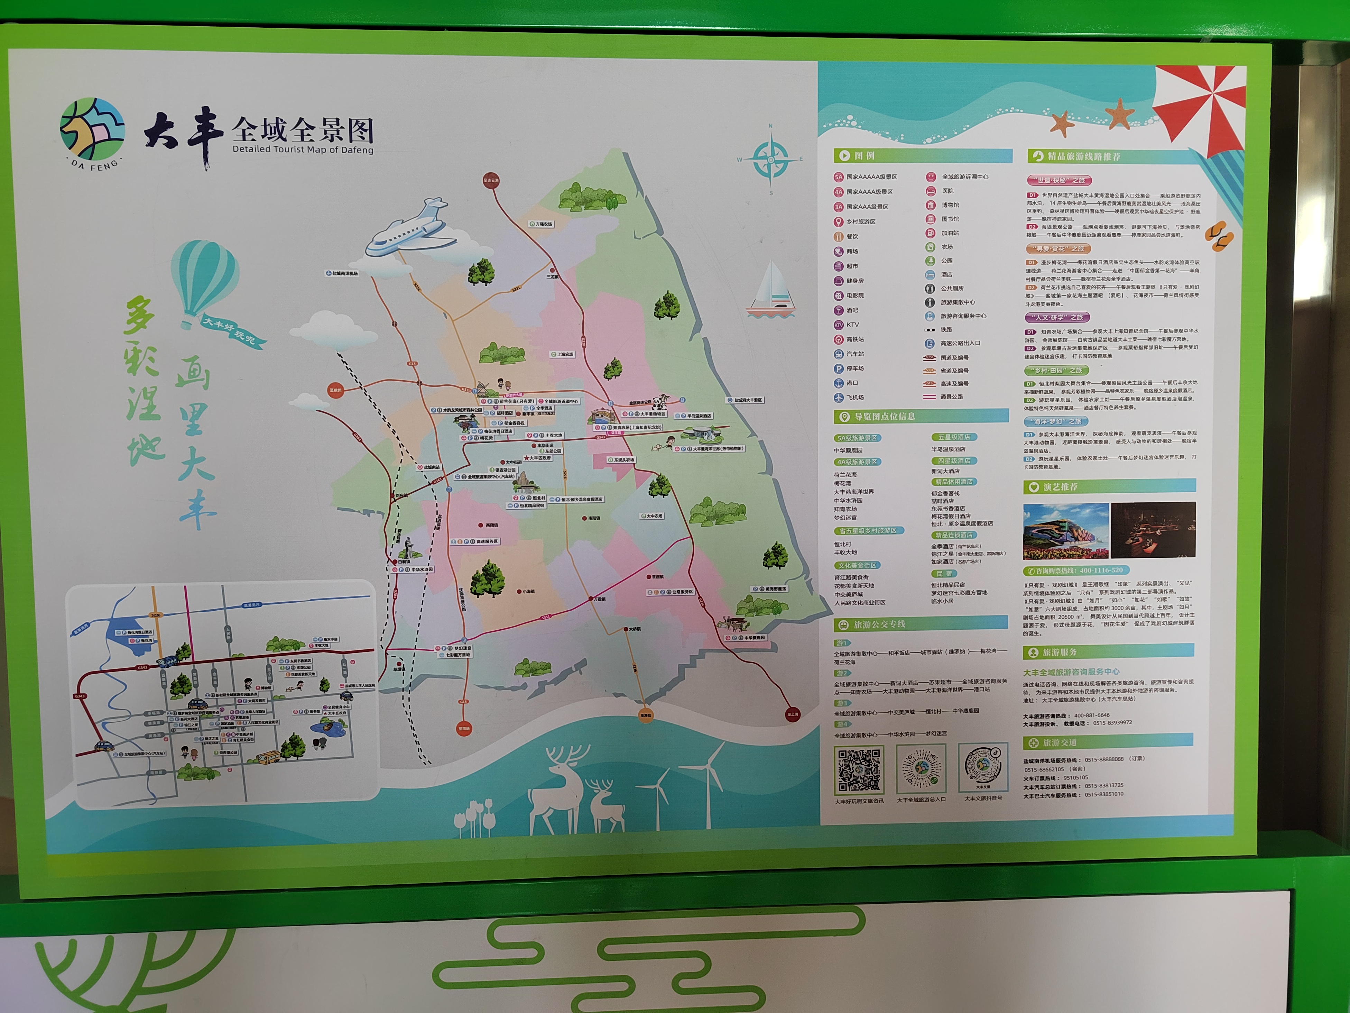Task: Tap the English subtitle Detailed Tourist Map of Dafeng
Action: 303,149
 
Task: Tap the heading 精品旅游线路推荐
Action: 1083,156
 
